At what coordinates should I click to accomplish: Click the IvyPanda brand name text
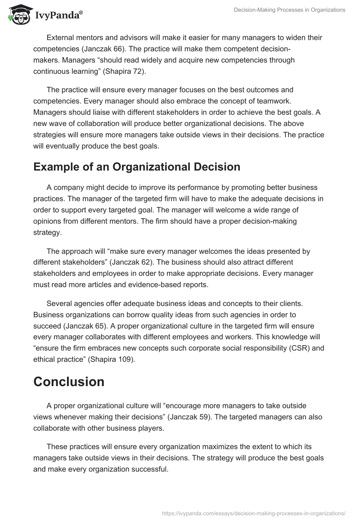[58, 15]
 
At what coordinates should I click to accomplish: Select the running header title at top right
[289, 10]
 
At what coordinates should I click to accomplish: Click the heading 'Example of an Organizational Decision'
[137, 167]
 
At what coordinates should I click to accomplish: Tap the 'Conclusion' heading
[69, 382]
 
